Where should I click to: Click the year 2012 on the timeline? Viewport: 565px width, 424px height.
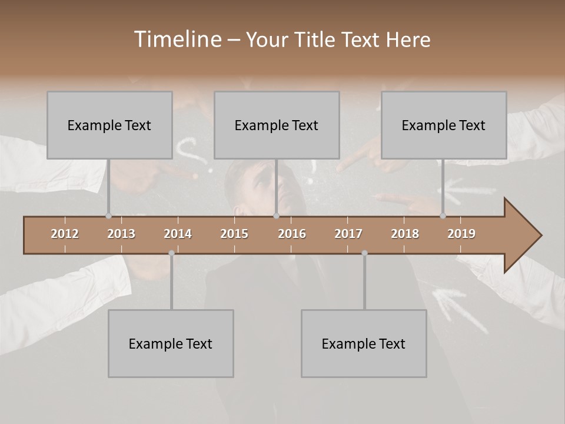point(65,234)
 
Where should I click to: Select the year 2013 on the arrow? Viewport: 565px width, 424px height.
point(121,234)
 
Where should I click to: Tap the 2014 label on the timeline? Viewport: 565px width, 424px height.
point(178,234)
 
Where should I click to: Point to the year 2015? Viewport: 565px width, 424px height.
point(234,234)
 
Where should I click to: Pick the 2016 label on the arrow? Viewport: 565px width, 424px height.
point(292,234)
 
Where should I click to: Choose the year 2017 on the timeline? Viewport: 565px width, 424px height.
point(348,234)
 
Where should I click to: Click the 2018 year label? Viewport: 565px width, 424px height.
point(405,234)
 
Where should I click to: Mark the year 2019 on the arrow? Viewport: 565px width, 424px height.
point(461,234)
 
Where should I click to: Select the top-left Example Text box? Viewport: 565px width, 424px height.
point(109,125)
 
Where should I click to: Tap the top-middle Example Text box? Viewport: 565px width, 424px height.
point(277,125)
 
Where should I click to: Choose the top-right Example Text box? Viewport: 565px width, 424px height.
point(444,125)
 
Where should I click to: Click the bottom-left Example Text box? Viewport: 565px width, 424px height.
point(171,343)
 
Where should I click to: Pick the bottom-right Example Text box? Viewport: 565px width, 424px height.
point(364,343)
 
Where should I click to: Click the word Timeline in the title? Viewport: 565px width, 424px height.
point(177,39)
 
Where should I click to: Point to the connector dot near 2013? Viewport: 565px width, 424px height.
point(108,216)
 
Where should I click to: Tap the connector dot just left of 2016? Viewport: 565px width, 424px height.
point(276,216)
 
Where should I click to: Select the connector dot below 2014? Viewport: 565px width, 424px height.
point(171,253)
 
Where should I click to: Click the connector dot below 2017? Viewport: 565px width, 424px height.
point(364,253)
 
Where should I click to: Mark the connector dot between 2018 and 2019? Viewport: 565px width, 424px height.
point(443,216)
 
